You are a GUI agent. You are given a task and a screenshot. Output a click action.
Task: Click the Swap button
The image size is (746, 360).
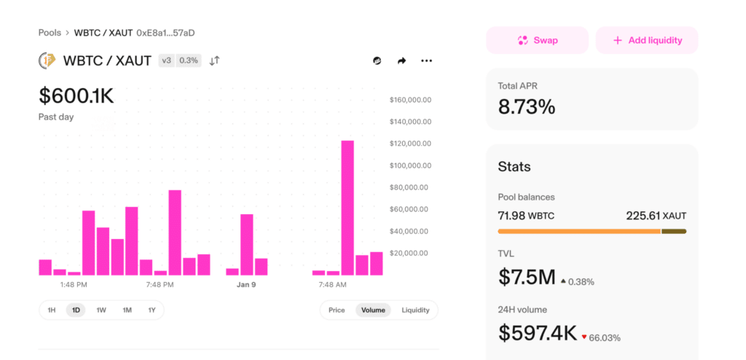[x=537, y=41]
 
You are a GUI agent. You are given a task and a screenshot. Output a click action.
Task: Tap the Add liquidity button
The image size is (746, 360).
[x=647, y=41]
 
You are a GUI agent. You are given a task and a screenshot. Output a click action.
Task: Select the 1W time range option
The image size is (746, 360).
[x=101, y=310]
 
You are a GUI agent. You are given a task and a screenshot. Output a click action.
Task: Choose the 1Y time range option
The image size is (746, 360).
[x=152, y=310]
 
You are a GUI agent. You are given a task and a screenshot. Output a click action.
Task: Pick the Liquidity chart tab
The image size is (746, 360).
[x=415, y=310]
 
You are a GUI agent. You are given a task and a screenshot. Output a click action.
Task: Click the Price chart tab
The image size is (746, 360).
[x=337, y=310]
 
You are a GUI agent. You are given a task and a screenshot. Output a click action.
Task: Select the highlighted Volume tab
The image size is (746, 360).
[x=373, y=310]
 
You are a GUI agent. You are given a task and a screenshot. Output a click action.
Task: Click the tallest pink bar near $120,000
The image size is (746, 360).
[x=348, y=208]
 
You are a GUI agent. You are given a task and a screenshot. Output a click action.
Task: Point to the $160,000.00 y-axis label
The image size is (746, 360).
[x=410, y=100]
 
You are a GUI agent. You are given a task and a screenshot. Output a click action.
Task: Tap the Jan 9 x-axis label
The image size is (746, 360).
[x=246, y=285]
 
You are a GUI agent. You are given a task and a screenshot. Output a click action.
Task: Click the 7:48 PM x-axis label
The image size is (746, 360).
[x=160, y=285]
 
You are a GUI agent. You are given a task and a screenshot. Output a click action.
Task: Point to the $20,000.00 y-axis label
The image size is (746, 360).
[x=409, y=253]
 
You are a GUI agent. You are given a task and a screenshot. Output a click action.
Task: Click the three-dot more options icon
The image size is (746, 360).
[x=426, y=60]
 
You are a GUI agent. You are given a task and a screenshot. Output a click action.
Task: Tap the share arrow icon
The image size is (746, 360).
[x=401, y=60]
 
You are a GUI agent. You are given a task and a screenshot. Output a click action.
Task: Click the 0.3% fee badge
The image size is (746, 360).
[x=189, y=60]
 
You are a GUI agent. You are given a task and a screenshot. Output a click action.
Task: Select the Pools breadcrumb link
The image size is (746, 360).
[x=50, y=33]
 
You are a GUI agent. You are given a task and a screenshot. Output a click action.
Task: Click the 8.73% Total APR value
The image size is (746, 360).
[x=527, y=106]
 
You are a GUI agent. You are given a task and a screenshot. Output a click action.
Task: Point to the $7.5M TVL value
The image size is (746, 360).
[x=527, y=277]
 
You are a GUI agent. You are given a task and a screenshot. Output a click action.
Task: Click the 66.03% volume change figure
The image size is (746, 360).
[x=605, y=338]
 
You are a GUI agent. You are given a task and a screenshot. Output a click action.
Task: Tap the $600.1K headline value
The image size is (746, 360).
[x=76, y=95]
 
